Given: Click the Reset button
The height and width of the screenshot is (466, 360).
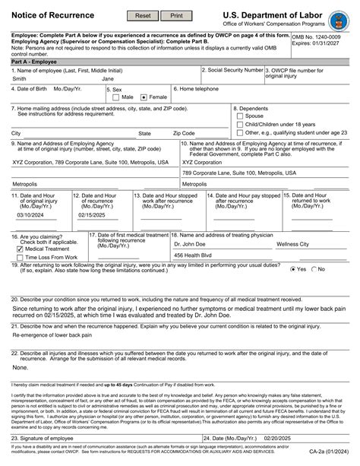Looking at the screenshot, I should tap(143, 15).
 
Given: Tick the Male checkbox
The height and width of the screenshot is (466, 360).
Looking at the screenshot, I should tap(116, 97).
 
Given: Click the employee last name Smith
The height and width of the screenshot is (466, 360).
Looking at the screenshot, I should tap(20, 78).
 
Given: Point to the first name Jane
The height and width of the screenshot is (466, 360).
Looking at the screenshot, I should tap(108, 78).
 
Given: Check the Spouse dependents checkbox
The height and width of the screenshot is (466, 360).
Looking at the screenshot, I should tap(239, 116).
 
